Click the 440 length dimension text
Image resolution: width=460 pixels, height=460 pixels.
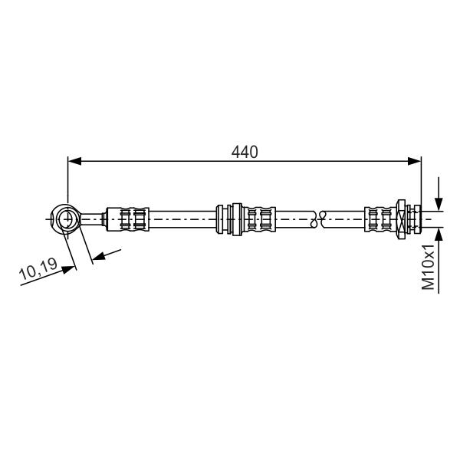tap(245, 152)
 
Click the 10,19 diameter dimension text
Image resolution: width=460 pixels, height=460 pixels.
tap(38, 269)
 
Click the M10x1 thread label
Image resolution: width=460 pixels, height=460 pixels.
tap(428, 267)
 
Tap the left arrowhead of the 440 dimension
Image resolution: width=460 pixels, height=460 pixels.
tap(74, 161)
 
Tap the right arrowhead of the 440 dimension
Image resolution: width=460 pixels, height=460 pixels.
tap(415, 161)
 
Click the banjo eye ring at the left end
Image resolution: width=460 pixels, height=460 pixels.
tap(66, 219)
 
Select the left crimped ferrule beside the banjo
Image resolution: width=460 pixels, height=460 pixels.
tap(127, 219)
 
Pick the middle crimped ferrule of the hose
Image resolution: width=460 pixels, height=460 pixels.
tap(259, 219)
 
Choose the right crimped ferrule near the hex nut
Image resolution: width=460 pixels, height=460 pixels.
tap(380, 219)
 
